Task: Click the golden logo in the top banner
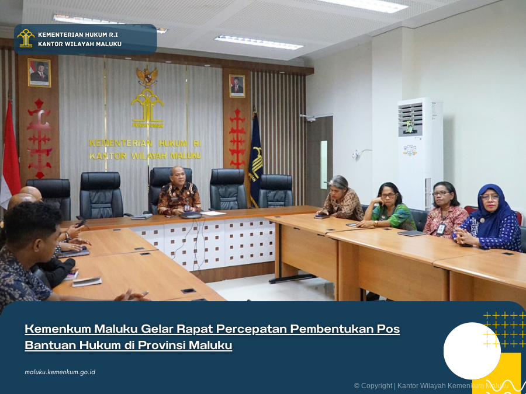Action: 26,38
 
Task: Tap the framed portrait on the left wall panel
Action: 39,72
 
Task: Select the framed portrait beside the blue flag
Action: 237,86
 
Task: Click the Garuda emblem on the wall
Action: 147,76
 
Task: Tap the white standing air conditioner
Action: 420,153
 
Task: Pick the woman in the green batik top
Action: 389,207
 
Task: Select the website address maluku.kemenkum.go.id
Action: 60,372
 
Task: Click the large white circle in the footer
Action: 472,351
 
